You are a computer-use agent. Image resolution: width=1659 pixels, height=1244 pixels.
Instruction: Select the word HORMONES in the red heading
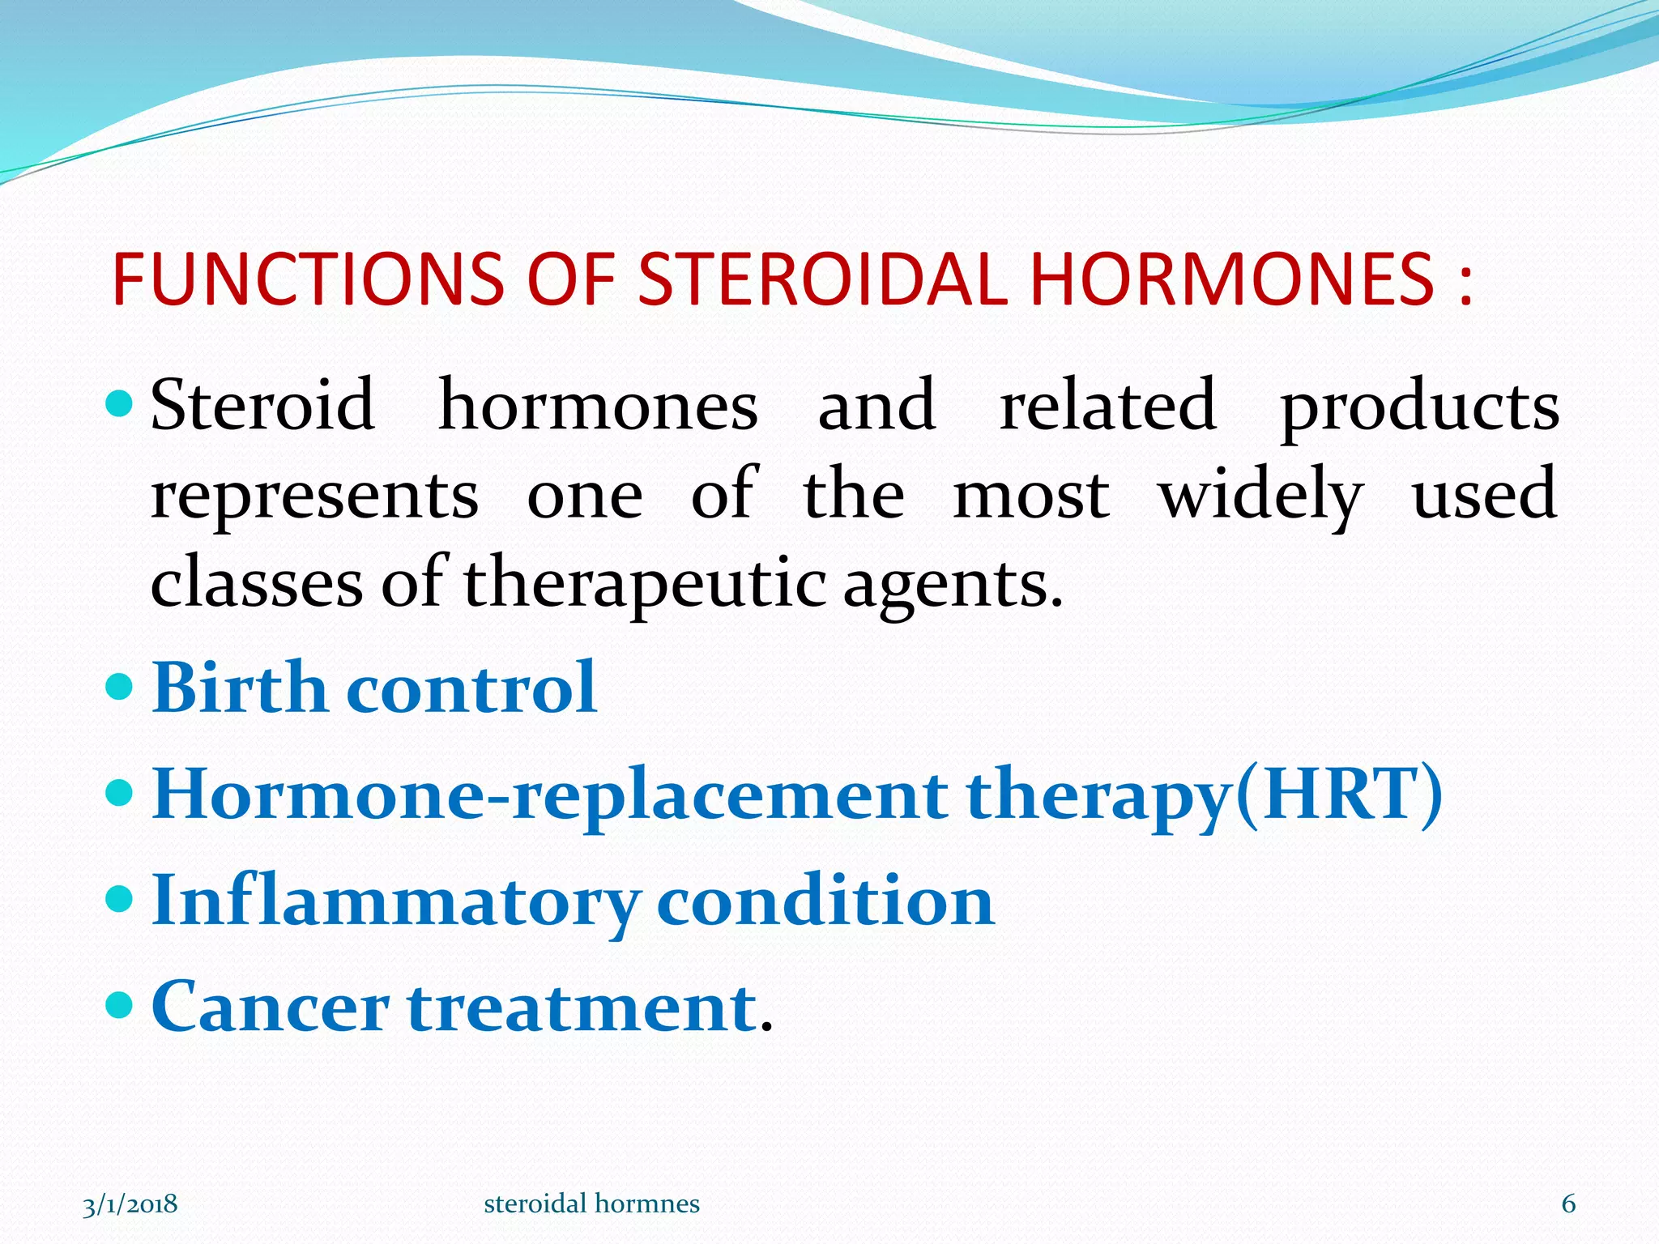pyautogui.click(x=1231, y=279)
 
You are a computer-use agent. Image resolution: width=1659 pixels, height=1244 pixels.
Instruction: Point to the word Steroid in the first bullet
pyautogui.click(x=262, y=405)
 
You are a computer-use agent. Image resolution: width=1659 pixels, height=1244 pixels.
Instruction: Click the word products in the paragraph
pyautogui.click(x=1418, y=409)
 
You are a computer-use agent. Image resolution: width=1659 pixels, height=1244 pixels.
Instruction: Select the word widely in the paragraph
pyautogui.click(x=1260, y=496)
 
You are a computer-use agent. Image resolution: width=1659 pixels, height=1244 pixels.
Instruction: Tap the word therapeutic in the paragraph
pyautogui.click(x=645, y=585)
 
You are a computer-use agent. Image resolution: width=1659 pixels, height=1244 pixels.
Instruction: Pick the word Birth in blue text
pyautogui.click(x=239, y=688)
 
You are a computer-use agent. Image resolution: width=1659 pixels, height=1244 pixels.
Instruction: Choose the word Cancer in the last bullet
pyautogui.click(x=271, y=1008)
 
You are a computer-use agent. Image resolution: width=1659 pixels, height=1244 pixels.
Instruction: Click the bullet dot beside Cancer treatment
pyautogui.click(x=119, y=1005)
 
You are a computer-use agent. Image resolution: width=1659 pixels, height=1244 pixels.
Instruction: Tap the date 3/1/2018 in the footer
pyautogui.click(x=130, y=1204)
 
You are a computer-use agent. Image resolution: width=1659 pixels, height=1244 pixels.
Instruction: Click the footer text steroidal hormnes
pyautogui.click(x=591, y=1204)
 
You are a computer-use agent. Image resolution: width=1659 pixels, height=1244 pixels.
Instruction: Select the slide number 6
pyautogui.click(x=1568, y=1204)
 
